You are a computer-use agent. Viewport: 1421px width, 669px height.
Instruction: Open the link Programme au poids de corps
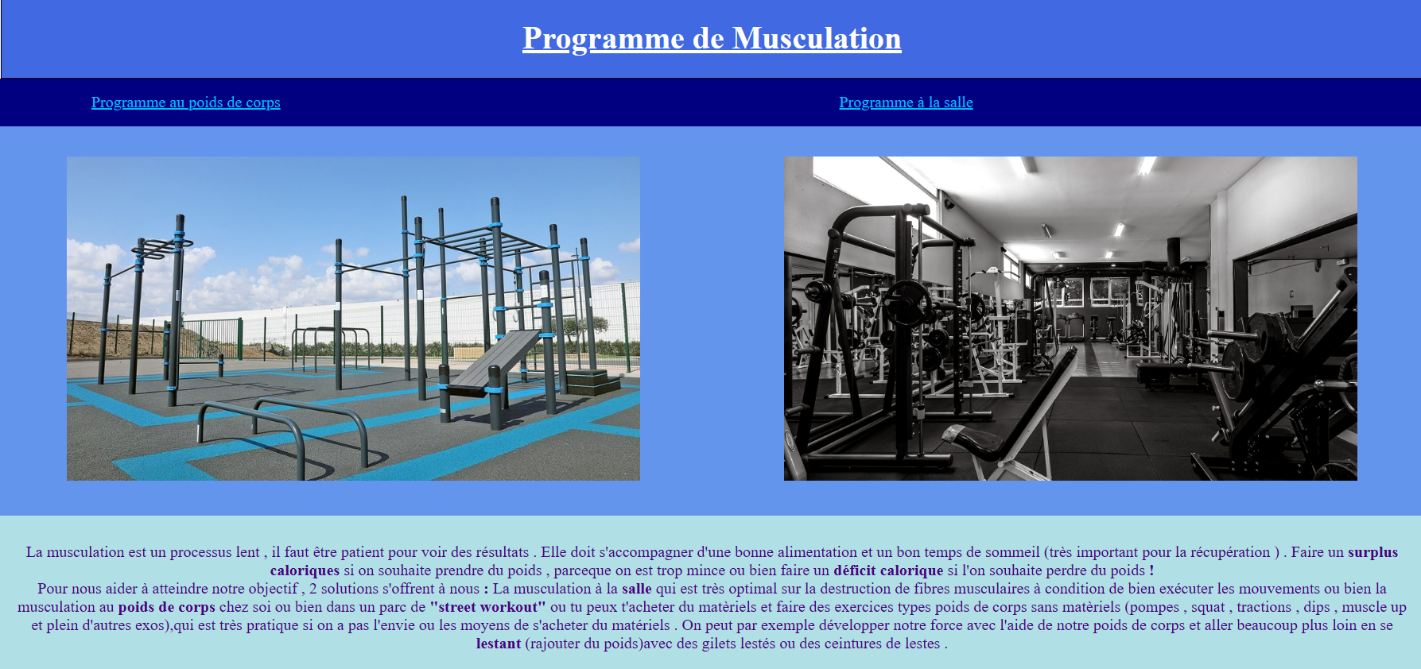[x=185, y=102]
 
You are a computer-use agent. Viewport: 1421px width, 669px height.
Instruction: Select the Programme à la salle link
[x=906, y=102]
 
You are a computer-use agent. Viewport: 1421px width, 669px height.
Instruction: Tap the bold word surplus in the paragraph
[x=1372, y=552]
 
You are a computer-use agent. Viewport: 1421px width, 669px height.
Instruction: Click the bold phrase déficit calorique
[x=887, y=570]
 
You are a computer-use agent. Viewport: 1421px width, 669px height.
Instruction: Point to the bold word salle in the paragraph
[x=636, y=589]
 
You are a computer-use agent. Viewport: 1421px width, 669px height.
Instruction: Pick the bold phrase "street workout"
[x=487, y=607]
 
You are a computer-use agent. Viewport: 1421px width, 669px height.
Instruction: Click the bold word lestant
[x=499, y=644]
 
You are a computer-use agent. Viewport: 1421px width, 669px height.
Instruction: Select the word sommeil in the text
[x=1012, y=552]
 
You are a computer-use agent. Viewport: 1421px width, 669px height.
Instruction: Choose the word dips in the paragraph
[x=1316, y=607]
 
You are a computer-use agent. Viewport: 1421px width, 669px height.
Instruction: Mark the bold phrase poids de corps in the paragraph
[x=166, y=607]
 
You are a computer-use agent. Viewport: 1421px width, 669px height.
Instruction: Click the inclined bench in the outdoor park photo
[x=493, y=362]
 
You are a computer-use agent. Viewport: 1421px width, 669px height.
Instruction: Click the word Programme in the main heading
[x=603, y=38]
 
